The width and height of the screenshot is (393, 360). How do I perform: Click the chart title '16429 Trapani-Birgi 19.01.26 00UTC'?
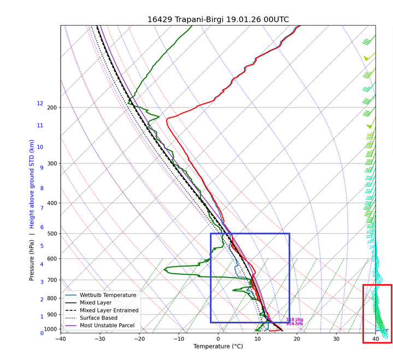click(218, 20)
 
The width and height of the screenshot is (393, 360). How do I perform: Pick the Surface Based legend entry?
click(98, 318)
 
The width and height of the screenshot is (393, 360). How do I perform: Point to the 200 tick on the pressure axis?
click(51, 108)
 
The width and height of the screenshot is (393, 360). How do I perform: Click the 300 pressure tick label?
click(51, 164)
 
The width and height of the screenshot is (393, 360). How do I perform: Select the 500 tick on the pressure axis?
click(51, 234)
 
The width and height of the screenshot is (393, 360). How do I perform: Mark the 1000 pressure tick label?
click(50, 329)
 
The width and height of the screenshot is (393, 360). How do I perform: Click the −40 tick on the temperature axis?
click(61, 339)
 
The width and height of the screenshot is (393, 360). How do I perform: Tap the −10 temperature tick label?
click(179, 339)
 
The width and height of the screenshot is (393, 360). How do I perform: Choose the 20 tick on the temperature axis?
click(297, 339)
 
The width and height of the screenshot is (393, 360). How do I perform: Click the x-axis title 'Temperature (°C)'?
click(218, 346)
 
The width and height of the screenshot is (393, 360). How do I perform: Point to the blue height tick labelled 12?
click(40, 104)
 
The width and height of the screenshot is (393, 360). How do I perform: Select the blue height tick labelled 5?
click(42, 245)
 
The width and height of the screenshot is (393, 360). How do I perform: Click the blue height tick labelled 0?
click(42, 333)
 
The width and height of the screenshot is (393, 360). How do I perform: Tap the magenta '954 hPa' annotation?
click(295, 324)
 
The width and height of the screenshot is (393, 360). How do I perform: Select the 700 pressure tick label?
click(51, 280)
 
